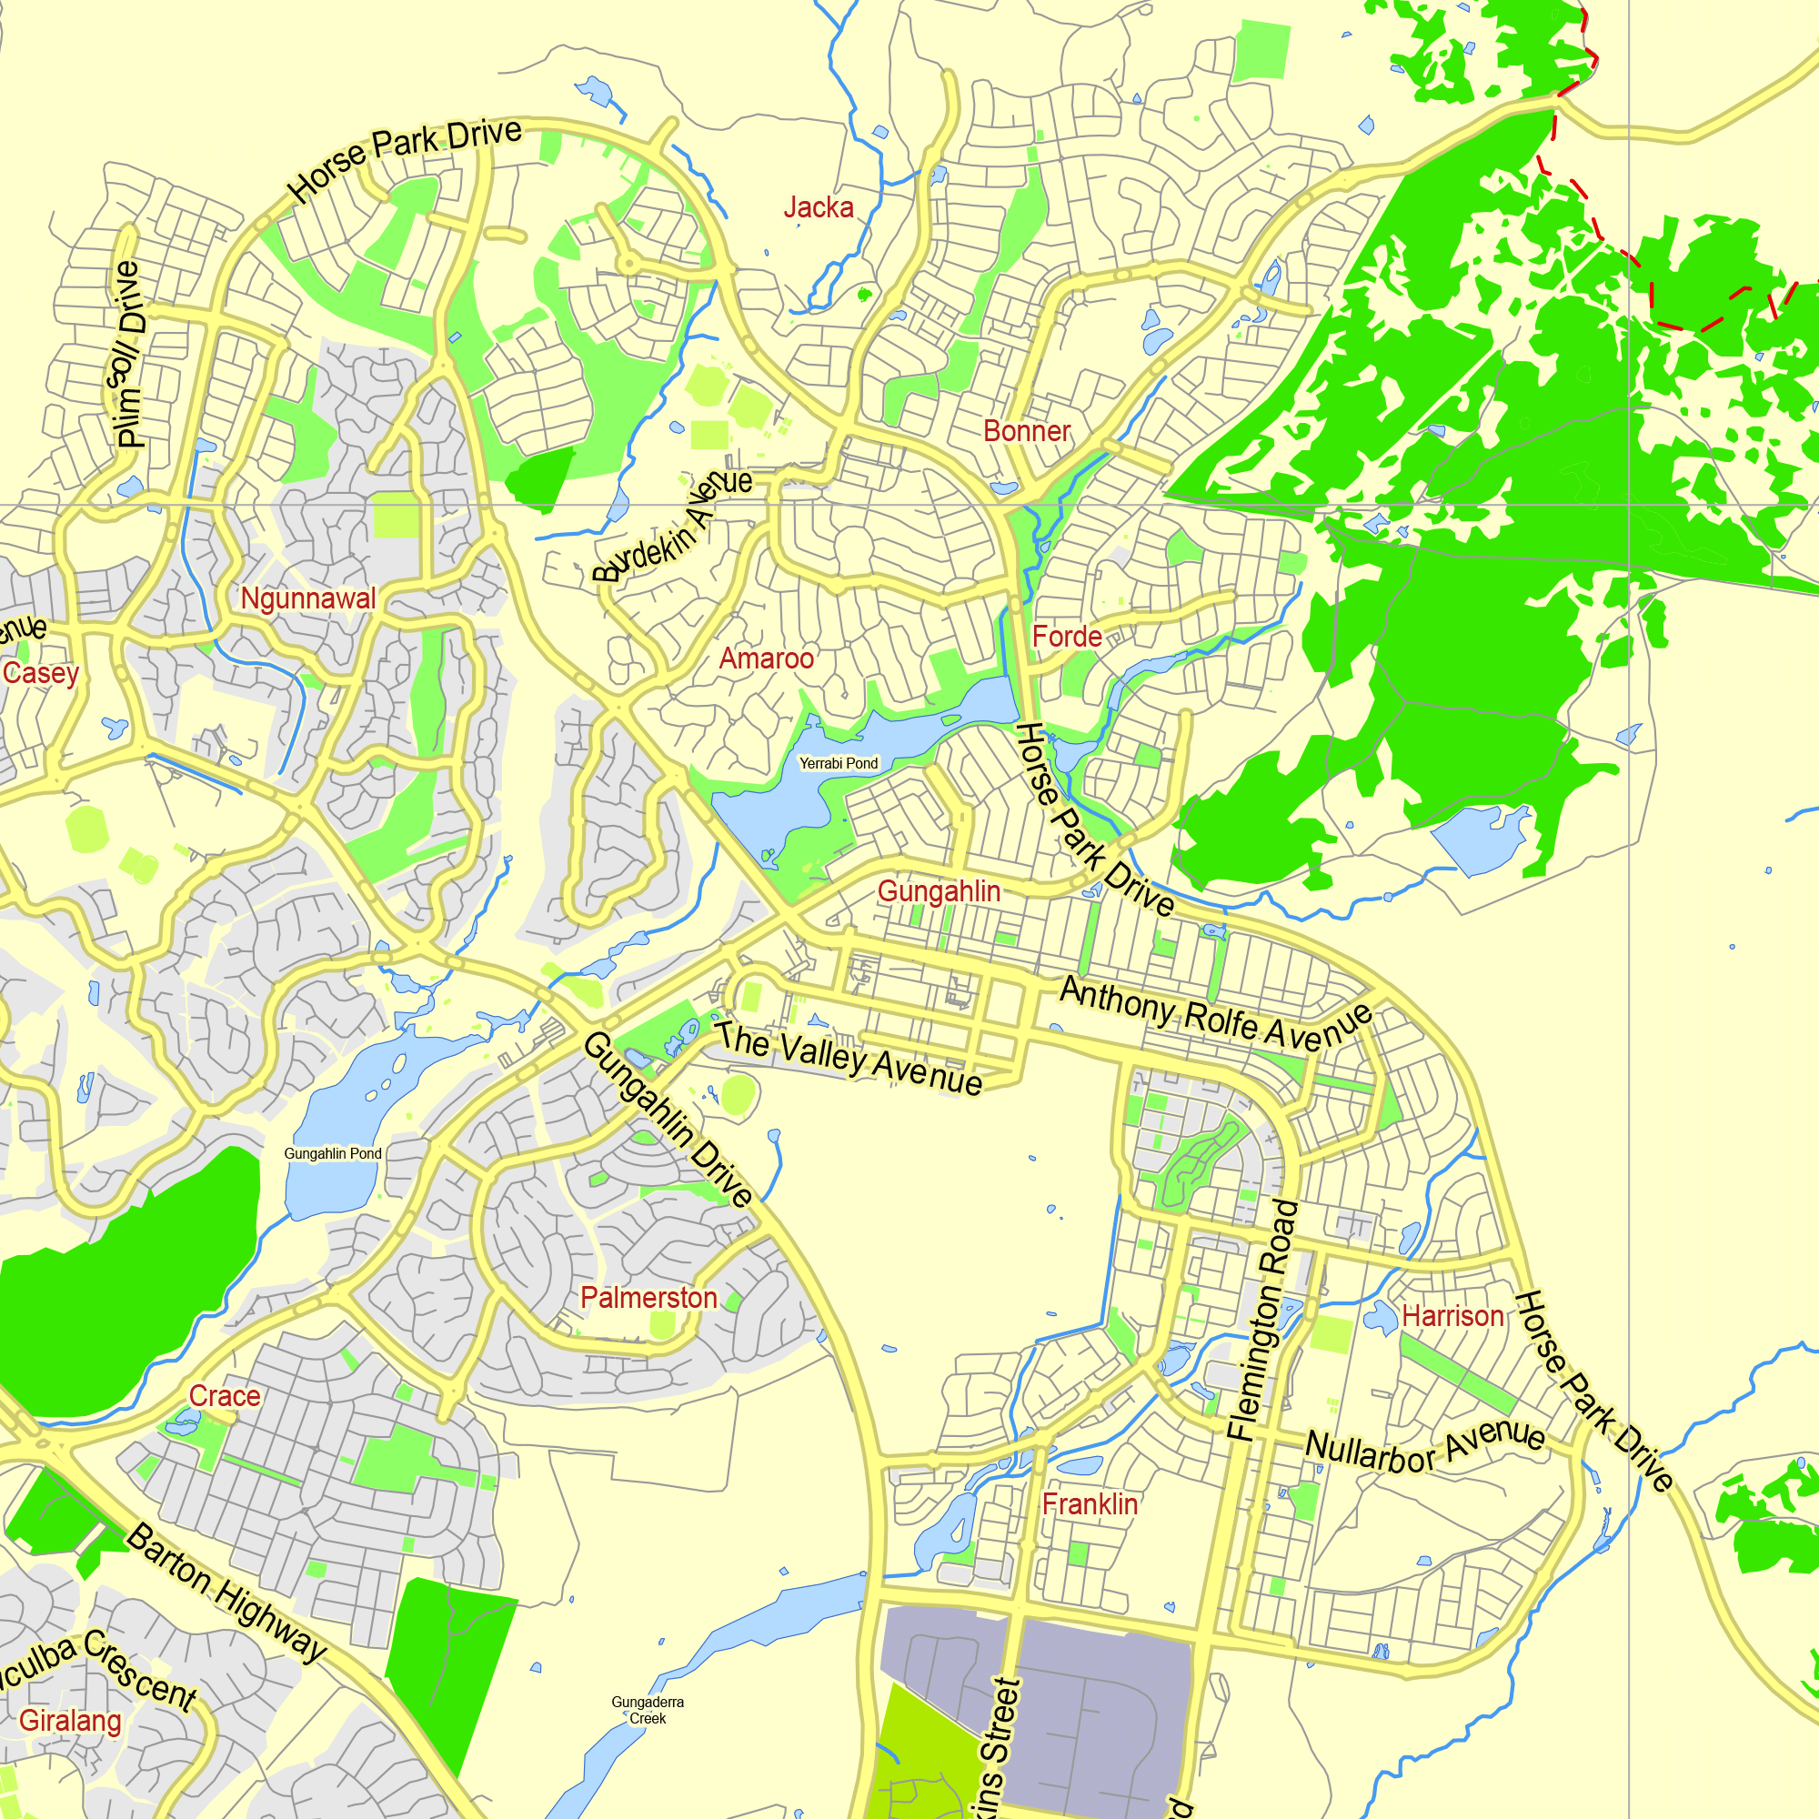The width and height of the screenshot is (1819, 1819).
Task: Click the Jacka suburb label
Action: [x=819, y=208]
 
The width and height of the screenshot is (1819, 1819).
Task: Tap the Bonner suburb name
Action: [x=1026, y=431]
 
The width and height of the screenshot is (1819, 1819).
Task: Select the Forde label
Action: [x=1067, y=637]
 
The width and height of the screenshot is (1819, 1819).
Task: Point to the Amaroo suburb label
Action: [x=767, y=658]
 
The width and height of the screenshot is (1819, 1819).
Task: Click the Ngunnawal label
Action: [x=308, y=598]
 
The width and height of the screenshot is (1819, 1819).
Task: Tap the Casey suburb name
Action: [x=41, y=673]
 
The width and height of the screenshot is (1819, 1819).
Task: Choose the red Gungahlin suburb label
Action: [x=939, y=890]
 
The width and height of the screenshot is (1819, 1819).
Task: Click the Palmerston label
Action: [x=648, y=1298]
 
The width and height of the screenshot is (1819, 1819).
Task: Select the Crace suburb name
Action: [x=224, y=1395]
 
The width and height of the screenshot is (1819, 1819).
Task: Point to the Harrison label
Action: [x=1452, y=1315]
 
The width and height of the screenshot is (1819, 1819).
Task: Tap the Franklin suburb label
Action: [x=1090, y=1503]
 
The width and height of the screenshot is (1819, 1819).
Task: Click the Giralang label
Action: [x=71, y=1720]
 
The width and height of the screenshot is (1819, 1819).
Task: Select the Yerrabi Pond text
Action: [x=838, y=764]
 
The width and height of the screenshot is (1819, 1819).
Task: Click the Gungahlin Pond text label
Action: [x=333, y=1153]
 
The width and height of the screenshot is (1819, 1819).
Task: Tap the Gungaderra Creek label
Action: [x=648, y=1710]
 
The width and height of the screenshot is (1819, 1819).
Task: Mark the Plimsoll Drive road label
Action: [x=129, y=353]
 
